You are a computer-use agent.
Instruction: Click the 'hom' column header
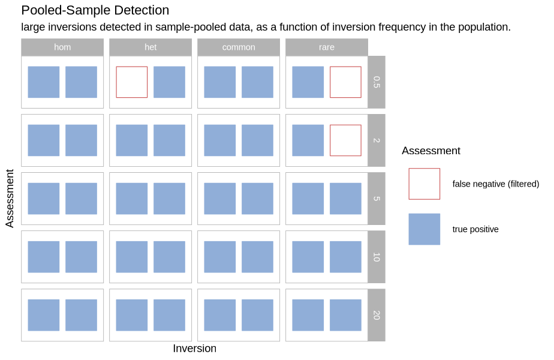click(62, 47)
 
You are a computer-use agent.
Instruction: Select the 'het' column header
click(150, 47)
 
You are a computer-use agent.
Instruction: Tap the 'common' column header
click(239, 47)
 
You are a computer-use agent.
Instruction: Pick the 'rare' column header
click(327, 47)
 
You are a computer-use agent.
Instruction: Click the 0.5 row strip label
click(377, 82)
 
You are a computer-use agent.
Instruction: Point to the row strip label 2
click(377, 140)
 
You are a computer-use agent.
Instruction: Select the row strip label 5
click(377, 199)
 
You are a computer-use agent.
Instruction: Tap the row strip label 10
click(377, 257)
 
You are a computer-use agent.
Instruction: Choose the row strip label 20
click(377, 315)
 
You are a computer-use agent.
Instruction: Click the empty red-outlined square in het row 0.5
click(132, 82)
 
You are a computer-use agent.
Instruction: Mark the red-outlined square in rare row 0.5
click(345, 82)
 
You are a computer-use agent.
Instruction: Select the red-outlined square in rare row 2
click(345, 140)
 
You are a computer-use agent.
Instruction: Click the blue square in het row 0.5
click(169, 82)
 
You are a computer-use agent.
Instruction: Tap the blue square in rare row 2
click(308, 140)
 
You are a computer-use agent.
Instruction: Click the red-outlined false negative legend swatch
click(424, 184)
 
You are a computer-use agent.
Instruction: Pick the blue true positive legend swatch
click(424, 229)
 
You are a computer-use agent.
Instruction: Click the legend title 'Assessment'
click(431, 151)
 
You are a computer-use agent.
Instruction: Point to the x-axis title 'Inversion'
click(195, 349)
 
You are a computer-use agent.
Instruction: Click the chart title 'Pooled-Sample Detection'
click(95, 11)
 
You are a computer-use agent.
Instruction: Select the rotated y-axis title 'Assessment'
click(10, 199)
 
